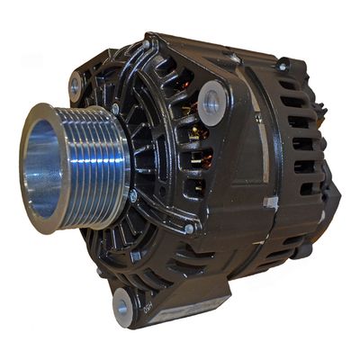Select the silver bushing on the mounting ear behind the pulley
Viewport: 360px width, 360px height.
tap(76, 86)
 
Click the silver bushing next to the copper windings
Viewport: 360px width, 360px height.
tap(213, 102)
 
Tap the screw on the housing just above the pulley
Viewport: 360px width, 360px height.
tap(115, 109)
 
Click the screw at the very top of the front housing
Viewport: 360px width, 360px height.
tap(147, 42)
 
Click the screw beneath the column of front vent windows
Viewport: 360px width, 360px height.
tap(190, 229)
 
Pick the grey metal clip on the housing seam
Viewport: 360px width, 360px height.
tap(269, 202)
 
